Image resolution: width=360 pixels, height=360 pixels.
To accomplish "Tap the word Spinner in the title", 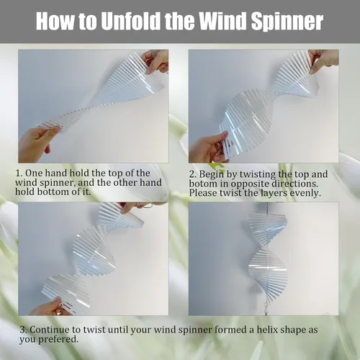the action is tap(287, 22).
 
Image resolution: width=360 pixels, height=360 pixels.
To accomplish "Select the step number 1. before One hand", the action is tap(19, 173).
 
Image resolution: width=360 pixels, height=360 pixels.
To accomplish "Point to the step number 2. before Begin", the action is tap(193, 174).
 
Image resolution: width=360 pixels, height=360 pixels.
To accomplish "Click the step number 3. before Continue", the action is tap(23, 330).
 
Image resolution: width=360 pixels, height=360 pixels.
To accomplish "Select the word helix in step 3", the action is tap(266, 330).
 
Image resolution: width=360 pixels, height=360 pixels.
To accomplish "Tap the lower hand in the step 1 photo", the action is tap(35, 144).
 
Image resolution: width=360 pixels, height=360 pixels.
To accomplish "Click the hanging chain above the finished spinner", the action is tap(266, 208).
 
